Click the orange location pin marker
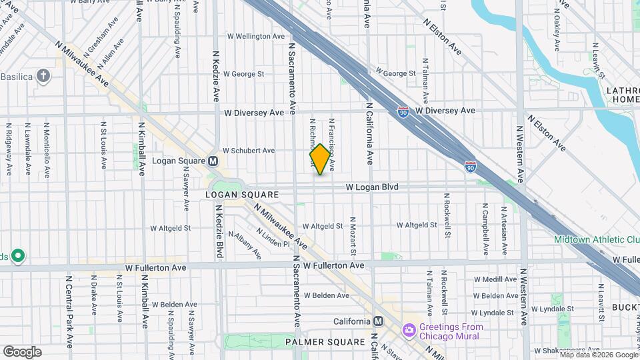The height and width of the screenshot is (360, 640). click(320, 159)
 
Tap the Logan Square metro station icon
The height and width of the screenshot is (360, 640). click(213, 161)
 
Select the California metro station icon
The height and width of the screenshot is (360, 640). click(378, 321)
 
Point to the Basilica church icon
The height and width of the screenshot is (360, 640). click(44, 75)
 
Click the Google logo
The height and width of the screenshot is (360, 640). click(22, 351)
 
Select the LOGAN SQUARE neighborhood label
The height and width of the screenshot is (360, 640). click(241, 195)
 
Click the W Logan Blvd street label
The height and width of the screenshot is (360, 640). click(372, 187)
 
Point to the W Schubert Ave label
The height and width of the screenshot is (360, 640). click(249, 151)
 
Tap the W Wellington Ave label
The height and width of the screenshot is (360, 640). click(257, 36)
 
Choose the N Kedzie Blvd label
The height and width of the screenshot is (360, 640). click(219, 230)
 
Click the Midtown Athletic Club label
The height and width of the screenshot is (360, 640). click(597, 239)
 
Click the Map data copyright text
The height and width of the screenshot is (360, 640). click(598, 355)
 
